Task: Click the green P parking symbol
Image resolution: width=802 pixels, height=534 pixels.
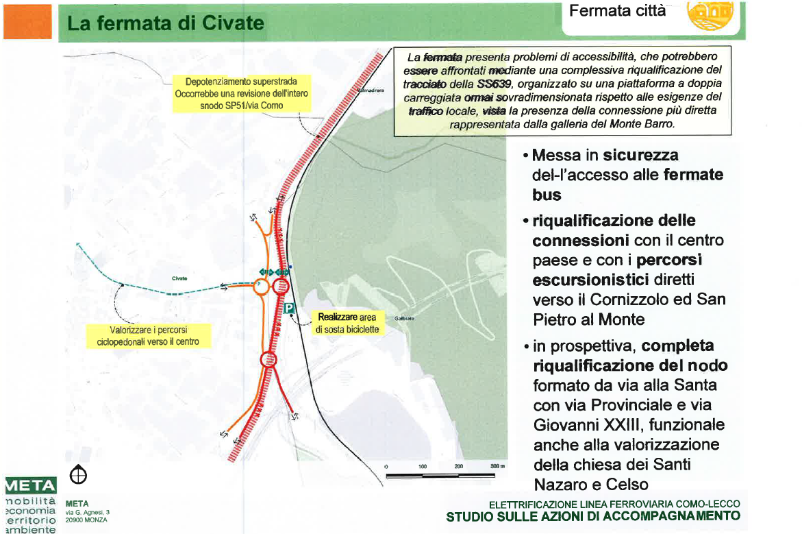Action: tap(289, 308)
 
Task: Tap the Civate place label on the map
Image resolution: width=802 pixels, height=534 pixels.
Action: tap(180, 278)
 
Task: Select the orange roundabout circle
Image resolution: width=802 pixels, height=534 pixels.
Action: tap(260, 287)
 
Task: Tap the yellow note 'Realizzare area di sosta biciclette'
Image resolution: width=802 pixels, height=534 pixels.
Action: tap(347, 324)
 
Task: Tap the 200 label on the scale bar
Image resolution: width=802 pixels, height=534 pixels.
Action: tap(458, 466)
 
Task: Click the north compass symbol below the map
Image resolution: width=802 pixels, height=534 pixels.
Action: tap(78, 474)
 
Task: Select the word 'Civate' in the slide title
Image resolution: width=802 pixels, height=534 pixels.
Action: tap(234, 23)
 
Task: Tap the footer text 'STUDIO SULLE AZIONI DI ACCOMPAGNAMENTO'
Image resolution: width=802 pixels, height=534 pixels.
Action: tap(593, 516)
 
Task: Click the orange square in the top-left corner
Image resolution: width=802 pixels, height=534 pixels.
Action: tap(27, 21)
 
